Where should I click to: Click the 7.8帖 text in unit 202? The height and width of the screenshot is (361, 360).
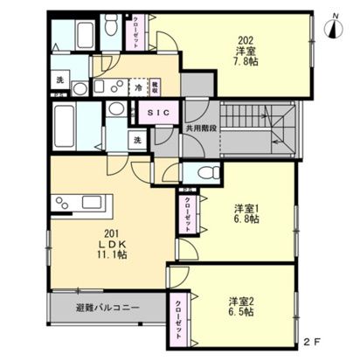click(246, 64)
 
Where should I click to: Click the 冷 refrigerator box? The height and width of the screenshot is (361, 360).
click(140, 87)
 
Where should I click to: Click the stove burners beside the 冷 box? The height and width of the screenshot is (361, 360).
click(107, 88)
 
